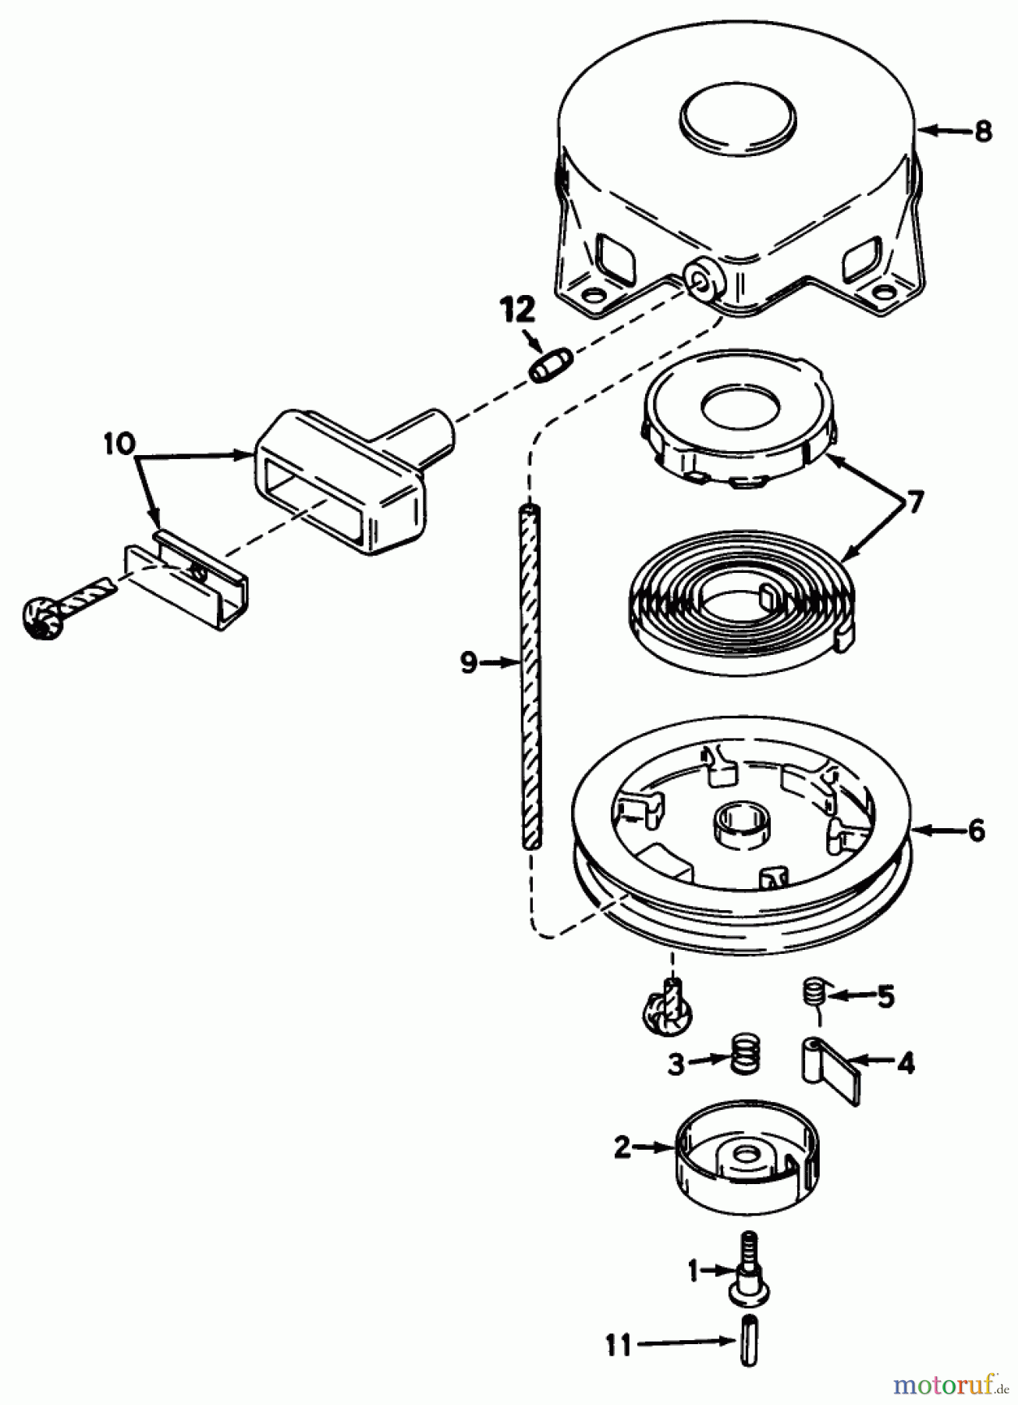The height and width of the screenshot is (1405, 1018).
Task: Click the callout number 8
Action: (984, 132)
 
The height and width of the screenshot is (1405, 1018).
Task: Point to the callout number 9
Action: (467, 664)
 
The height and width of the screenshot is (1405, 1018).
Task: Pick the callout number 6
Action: (977, 831)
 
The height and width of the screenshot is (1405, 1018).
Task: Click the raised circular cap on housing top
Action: (738, 118)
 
